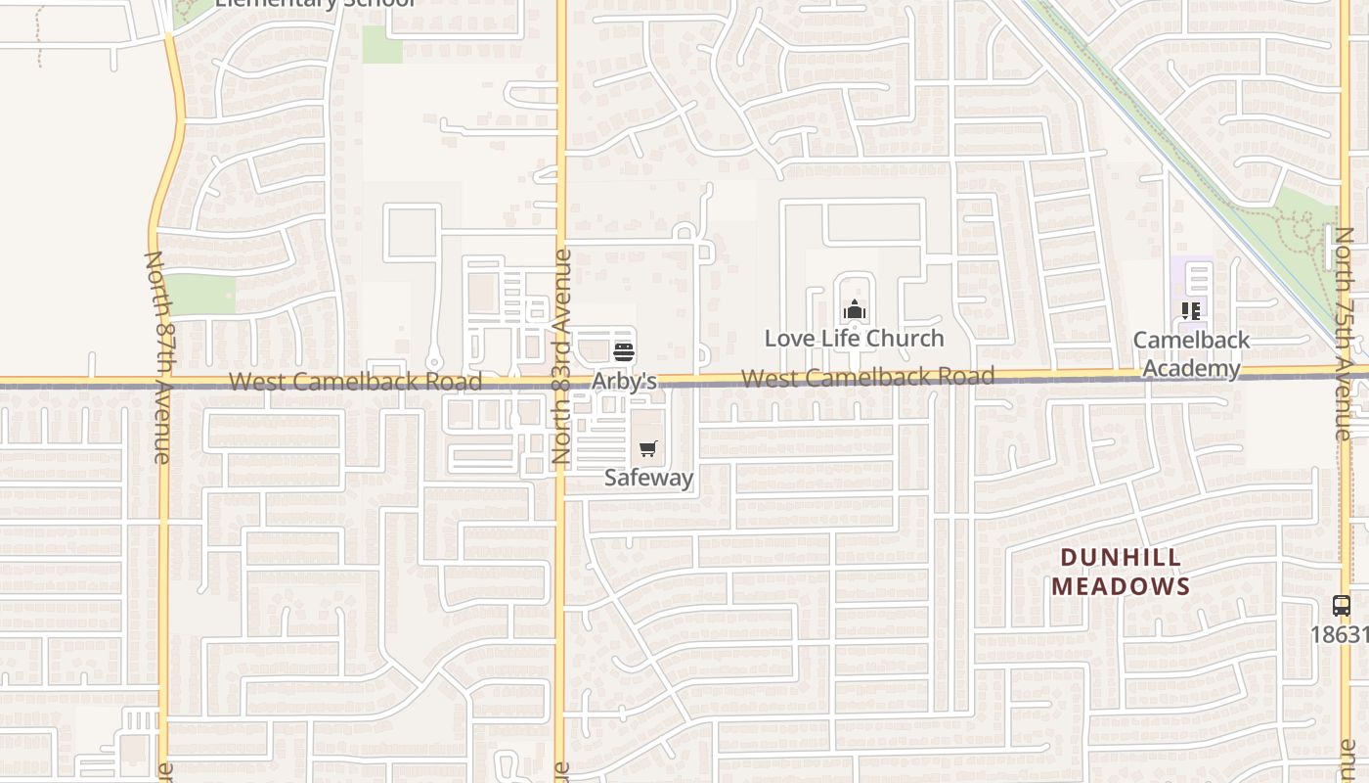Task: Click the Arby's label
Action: click(x=624, y=381)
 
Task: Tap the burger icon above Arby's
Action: click(x=624, y=352)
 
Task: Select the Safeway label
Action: click(x=648, y=478)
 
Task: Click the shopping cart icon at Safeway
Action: click(x=648, y=449)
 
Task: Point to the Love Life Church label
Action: click(x=854, y=339)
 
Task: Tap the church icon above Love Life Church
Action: click(x=855, y=310)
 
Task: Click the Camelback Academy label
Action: click(x=1191, y=354)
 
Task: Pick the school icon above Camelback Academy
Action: click(x=1191, y=311)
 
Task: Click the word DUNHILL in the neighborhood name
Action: click(x=1121, y=559)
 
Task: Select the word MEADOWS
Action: click(x=1121, y=587)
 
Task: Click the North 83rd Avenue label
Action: click(x=561, y=356)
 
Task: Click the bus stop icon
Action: click(x=1342, y=606)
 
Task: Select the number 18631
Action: click(x=1339, y=635)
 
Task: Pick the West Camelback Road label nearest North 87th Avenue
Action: click(x=355, y=382)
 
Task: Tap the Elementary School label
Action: click(x=315, y=4)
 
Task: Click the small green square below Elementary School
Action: click(x=382, y=45)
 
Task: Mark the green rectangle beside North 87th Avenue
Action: click(x=201, y=295)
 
